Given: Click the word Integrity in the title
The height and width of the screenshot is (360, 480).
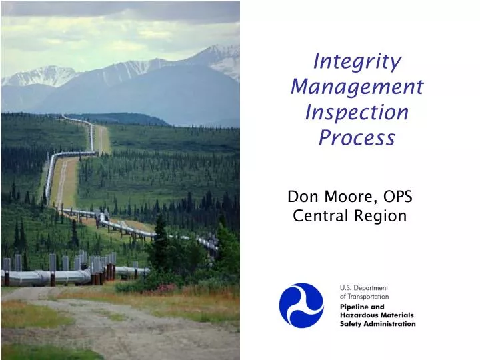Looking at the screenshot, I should (x=357, y=61).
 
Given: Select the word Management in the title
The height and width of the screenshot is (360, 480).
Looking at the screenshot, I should (x=357, y=87).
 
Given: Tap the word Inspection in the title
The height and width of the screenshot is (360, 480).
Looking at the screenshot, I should (x=357, y=112).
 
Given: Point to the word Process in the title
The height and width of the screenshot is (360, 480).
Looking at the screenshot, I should (x=357, y=137).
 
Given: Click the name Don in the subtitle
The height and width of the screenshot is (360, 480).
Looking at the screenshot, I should (x=301, y=197).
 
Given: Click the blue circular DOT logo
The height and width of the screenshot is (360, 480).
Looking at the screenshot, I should (x=301, y=305).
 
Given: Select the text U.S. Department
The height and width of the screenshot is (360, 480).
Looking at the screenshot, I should (x=364, y=288).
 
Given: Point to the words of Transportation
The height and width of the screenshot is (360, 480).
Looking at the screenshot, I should (x=364, y=297).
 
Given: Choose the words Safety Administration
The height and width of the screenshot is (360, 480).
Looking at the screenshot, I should (x=377, y=324).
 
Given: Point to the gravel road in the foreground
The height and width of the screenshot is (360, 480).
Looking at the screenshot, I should (x=100, y=327).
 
